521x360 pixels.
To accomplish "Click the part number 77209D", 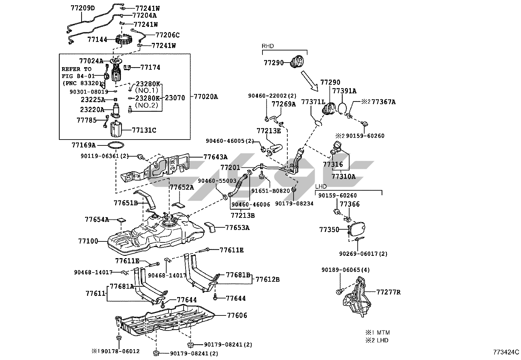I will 82,8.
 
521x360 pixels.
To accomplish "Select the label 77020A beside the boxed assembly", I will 206,97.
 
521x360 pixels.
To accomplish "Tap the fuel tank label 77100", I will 88,241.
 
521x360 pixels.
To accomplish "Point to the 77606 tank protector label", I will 237,315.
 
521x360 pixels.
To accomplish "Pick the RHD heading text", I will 267,46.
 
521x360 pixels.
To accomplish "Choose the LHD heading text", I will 321,186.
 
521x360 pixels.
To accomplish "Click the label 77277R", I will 388,292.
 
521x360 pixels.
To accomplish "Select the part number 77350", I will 329,230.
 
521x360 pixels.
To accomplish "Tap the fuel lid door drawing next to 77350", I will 357,229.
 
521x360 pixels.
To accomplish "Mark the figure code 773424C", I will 506,352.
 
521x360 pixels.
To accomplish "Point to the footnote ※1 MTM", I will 378,332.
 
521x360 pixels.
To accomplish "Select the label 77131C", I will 144,130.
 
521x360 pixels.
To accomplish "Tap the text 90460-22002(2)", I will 272,96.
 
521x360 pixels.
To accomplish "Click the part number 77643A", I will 215,157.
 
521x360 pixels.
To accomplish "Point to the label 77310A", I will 343,176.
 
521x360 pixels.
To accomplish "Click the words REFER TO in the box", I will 77,69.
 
